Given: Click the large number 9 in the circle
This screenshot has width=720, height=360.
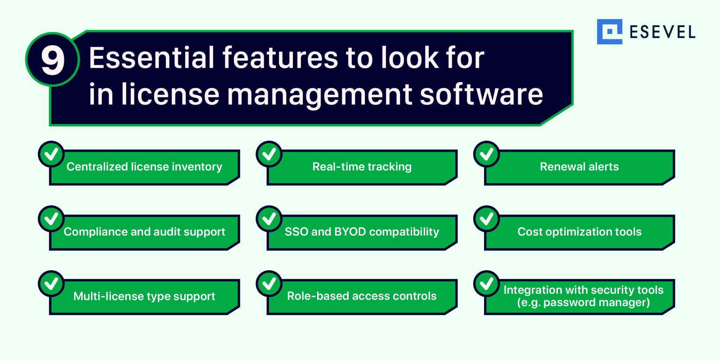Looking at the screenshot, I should click(53, 60).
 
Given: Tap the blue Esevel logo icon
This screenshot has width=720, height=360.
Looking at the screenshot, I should click(609, 32).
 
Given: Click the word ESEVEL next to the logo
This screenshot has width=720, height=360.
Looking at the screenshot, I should click(662, 32).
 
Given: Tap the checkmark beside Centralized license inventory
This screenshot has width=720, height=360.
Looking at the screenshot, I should click(51, 154).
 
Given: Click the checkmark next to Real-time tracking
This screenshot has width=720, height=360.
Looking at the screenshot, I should click(269, 154).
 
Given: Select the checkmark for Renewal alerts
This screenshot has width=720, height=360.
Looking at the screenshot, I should click(487, 154).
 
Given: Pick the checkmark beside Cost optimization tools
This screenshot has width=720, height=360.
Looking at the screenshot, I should click(487, 219).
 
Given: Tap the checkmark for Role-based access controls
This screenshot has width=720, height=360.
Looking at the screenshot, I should click(269, 283).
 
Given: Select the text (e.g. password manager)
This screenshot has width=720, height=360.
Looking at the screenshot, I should click(583, 302).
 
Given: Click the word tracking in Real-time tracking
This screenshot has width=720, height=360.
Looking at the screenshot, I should click(391, 167).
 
